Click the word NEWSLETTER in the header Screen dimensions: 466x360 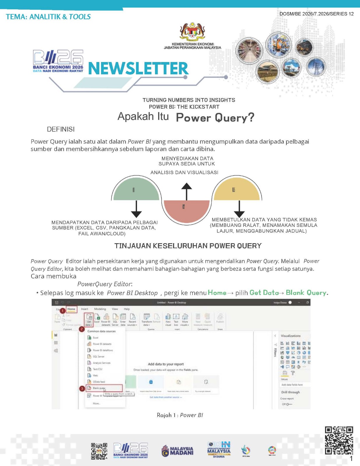(x=138, y=68)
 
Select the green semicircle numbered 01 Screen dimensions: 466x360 (x=136, y=189)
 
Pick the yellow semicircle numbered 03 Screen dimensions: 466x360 (x=237, y=189)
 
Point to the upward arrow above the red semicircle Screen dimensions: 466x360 (x=186, y=191)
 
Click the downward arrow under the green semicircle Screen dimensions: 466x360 (x=136, y=209)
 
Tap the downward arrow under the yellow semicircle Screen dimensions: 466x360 (x=239, y=209)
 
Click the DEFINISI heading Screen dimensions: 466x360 (x=61, y=129)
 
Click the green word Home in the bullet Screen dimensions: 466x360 (x=217, y=293)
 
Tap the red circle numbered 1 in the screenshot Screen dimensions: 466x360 (x=62, y=311)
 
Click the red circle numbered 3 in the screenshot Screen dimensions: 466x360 (x=82, y=389)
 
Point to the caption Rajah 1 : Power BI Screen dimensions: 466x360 (x=180, y=415)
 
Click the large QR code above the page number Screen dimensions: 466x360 (x=339, y=440)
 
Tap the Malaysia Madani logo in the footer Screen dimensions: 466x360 (x=177, y=451)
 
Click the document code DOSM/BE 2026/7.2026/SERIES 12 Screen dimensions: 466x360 (x=316, y=14)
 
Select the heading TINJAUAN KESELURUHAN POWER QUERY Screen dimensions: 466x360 (x=188, y=246)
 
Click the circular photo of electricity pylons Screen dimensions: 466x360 (x=316, y=67)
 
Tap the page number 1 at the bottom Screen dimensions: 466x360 (x=351, y=459)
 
